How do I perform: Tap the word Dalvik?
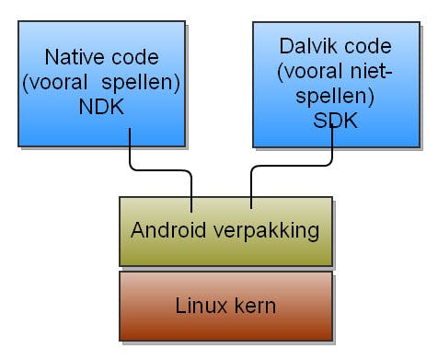(303, 45)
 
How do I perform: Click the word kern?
(251, 305)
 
